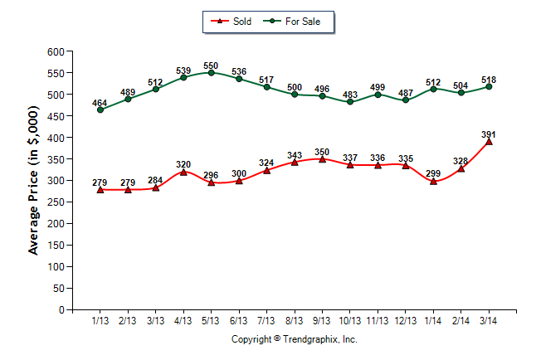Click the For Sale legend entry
(295, 21)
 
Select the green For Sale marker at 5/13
(211, 73)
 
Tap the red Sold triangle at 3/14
(489, 142)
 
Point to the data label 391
(489, 134)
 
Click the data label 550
(211, 65)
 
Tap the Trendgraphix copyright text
(294, 339)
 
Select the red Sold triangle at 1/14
(433, 181)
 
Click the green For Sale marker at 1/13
(100, 109)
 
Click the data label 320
(183, 164)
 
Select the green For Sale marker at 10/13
(350, 101)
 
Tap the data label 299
(433, 173)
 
